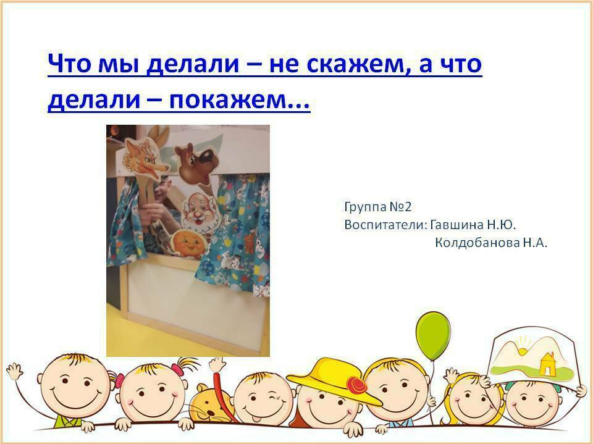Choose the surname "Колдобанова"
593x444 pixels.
pyautogui.click(x=477, y=243)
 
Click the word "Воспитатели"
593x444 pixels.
pyautogui.click(x=385, y=225)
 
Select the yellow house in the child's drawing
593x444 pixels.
pyautogui.click(x=547, y=364)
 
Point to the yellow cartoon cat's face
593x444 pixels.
pyautogui.click(x=210, y=406)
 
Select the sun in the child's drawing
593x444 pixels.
pyautogui.click(x=523, y=350)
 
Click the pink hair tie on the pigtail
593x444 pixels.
pyautogui.click(x=177, y=369)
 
